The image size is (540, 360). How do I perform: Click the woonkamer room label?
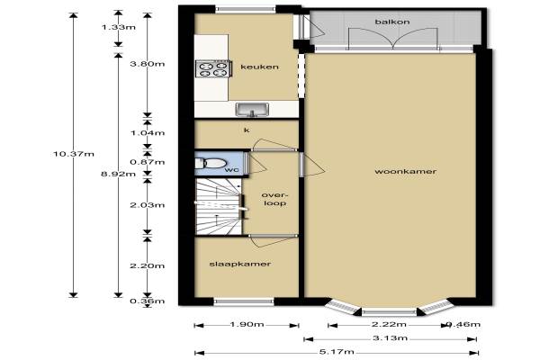pyautogui.click(x=405, y=171)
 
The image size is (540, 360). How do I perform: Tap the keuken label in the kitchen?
pyautogui.click(x=259, y=67)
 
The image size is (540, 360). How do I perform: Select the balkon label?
pyautogui.click(x=392, y=22)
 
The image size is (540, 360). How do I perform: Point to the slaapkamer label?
pyautogui.click(x=240, y=264)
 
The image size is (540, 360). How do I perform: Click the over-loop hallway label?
pyautogui.click(x=274, y=199)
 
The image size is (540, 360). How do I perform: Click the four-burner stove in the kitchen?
pyautogui.click(x=212, y=68)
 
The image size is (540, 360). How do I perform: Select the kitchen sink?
pyautogui.click(x=252, y=110)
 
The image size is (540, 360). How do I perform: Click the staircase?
pyautogui.click(x=219, y=206)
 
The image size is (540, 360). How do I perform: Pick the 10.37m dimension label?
pyautogui.click(x=74, y=154)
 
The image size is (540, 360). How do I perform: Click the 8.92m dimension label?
pyautogui.click(x=118, y=174)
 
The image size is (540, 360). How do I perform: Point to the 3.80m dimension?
pyautogui.click(x=148, y=64)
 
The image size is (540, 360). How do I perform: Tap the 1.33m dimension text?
pyautogui.click(x=118, y=27)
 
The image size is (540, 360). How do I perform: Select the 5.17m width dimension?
pyautogui.click(x=337, y=352)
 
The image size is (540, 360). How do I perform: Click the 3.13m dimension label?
pyautogui.click(x=391, y=338)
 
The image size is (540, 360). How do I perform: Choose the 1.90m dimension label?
pyautogui.click(x=247, y=324)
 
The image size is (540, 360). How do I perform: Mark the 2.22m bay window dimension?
pyautogui.click(x=389, y=324)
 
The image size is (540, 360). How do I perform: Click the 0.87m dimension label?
pyautogui.click(x=148, y=162)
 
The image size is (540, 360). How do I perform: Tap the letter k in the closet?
pyautogui.click(x=247, y=130)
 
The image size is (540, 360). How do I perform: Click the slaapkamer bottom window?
pyautogui.click(x=244, y=301)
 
